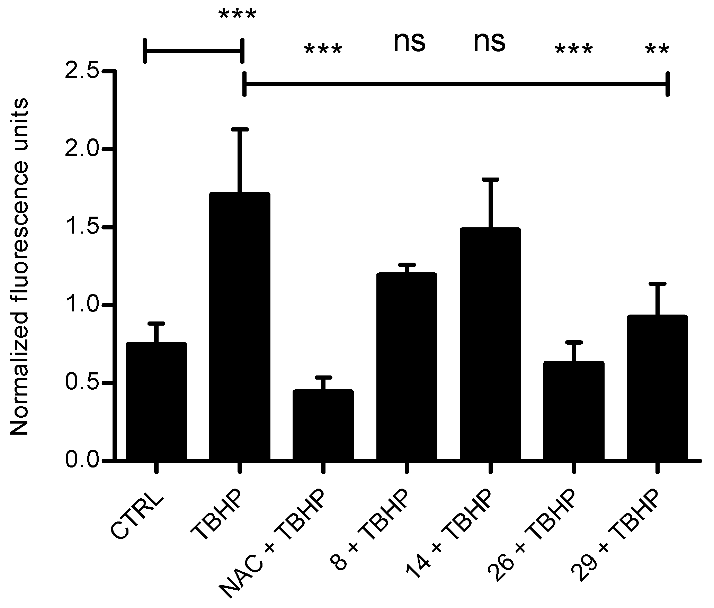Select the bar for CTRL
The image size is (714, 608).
click(156, 401)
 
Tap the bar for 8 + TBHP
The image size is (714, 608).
click(407, 367)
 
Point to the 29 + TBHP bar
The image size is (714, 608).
click(657, 388)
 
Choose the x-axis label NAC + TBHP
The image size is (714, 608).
click(274, 547)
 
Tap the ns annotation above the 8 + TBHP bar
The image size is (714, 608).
click(409, 43)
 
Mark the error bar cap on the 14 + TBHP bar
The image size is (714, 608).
click(490, 179)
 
